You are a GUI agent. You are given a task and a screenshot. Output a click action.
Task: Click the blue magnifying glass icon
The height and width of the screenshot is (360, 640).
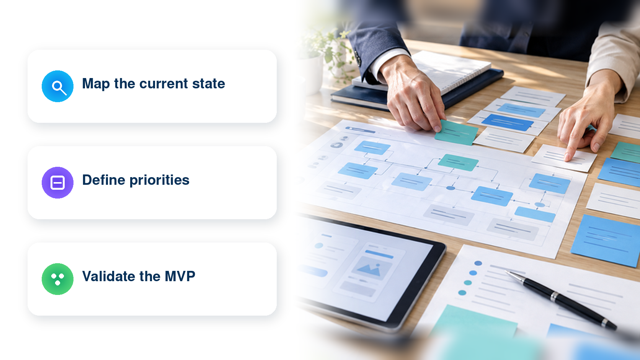tap(57, 86)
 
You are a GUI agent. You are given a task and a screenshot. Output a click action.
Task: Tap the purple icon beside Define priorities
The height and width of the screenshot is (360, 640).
tap(57, 183)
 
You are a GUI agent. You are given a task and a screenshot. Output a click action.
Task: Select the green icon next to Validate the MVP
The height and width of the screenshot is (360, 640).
tap(57, 279)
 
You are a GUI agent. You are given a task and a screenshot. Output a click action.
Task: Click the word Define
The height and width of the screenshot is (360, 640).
tap(103, 180)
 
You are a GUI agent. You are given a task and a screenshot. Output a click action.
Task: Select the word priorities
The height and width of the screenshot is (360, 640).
tap(160, 181)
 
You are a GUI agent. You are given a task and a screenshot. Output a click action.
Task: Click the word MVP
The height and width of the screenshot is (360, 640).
tap(180, 276)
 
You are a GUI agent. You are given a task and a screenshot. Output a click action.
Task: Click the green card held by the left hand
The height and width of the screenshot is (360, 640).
tap(456, 132)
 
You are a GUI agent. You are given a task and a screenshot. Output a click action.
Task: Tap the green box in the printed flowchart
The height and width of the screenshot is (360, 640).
tap(458, 162)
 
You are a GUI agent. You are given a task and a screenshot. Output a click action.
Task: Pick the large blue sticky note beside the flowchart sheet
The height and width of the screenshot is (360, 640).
tap(606, 240)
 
